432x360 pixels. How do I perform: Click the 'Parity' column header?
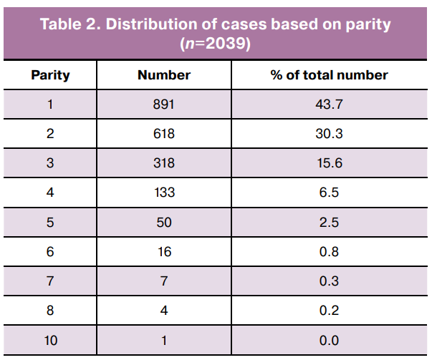click(x=50, y=75)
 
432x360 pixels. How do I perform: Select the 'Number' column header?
click(x=164, y=75)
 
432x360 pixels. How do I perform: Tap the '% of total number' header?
click(x=330, y=75)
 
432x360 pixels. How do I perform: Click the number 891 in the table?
click(x=163, y=104)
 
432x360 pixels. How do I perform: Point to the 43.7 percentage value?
click(x=330, y=104)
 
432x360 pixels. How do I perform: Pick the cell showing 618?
click(x=164, y=134)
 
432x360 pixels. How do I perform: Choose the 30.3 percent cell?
click(x=330, y=134)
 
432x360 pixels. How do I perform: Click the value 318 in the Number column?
click(x=164, y=163)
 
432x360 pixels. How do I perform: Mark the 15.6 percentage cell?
click(x=330, y=163)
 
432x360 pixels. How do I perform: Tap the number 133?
click(x=165, y=193)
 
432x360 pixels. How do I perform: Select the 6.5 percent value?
click(x=329, y=193)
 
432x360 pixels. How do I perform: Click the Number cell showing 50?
click(x=164, y=223)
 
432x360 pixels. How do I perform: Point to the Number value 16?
click(x=165, y=252)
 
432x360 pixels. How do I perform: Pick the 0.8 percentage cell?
click(x=329, y=252)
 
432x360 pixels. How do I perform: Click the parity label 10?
click(x=51, y=341)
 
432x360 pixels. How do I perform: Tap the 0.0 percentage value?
click(x=329, y=341)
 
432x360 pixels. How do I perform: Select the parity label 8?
click(x=50, y=311)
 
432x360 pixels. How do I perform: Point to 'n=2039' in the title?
click(x=215, y=44)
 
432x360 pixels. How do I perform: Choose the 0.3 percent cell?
click(x=329, y=281)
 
